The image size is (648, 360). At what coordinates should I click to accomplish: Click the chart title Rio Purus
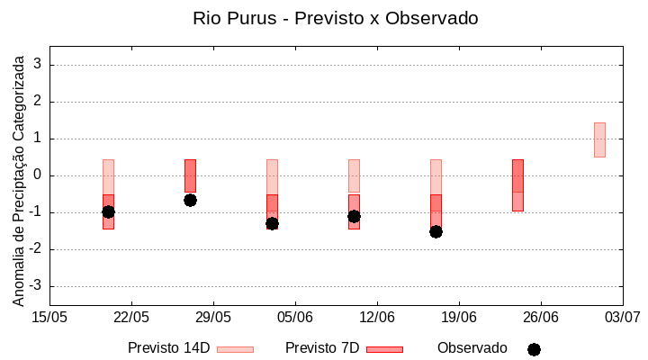(x=335, y=18)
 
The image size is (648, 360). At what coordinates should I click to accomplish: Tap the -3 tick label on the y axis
(x=36, y=286)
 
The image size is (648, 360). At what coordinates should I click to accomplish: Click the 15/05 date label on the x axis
(x=49, y=317)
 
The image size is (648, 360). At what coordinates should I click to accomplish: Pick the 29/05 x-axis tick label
(x=213, y=317)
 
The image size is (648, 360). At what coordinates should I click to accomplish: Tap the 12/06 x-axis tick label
(x=377, y=317)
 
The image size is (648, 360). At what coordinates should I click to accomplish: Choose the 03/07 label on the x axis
(x=622, y=317)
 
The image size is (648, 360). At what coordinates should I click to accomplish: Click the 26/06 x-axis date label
(x=540, y=317)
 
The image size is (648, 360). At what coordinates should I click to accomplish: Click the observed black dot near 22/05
(x=108, y=211)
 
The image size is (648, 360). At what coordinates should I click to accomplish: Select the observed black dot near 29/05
(x=190, y=200)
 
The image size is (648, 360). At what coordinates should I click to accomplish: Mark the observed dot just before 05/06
(x=272, y=223)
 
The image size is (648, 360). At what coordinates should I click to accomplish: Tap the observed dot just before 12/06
(x=354, y=216)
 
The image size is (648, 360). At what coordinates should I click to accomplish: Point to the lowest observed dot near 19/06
(x=436, y=231)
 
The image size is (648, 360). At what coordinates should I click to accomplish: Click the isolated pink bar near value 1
(x=599, y=139)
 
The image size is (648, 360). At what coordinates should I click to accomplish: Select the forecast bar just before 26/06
(x=517, y=184)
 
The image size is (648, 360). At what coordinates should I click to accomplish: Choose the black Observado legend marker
(x=534, y=349)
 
